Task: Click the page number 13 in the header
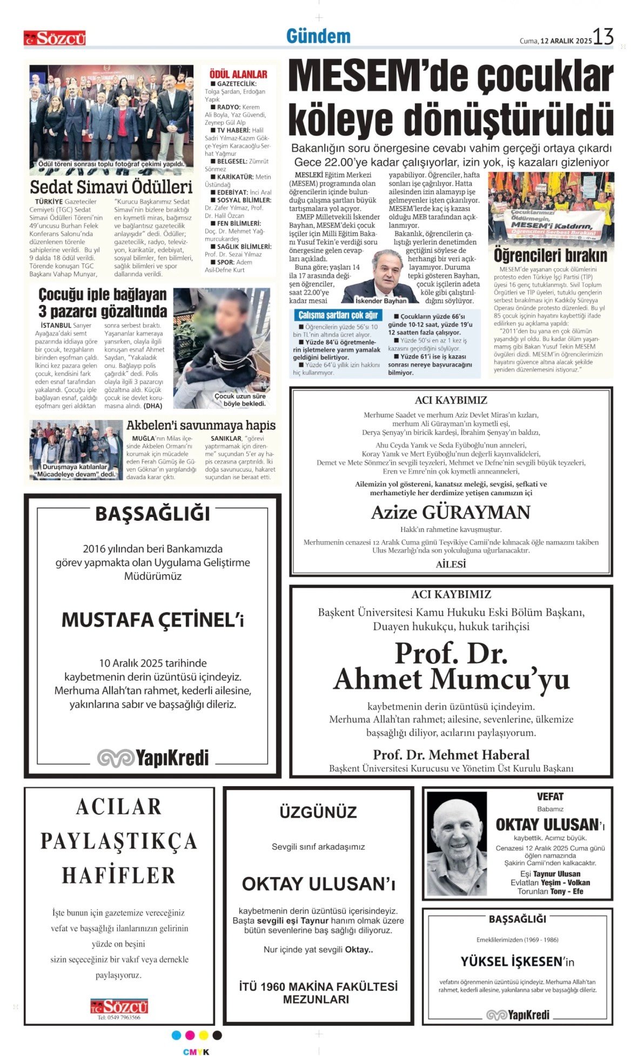click(x=603, y=37)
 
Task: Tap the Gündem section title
click(x=318, y=37)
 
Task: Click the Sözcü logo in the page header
click(x=55, y=38)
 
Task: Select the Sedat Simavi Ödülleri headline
click(x=111, y=187)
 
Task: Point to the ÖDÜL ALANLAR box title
click(x=238, y=74)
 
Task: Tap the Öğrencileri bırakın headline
click(x=550, y=255)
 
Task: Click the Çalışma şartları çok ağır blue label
click(x=338, y=315)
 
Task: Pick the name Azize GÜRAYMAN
click(x=451, y=512)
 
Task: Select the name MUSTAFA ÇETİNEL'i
click(x=152, y=620)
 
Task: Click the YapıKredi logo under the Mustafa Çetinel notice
click(x=153, y=758)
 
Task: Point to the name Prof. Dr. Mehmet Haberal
click(x=451, y=754)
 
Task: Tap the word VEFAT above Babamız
click(x=550, y=796)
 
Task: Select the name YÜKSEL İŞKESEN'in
click(x=517, y=961)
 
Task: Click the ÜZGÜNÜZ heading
click(x=318, y=812)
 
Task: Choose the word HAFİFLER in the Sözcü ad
click(x=118, y=875)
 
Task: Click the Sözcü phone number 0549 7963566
click(x=118, y=1017)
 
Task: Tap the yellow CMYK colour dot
click(x=204, y=1035)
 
